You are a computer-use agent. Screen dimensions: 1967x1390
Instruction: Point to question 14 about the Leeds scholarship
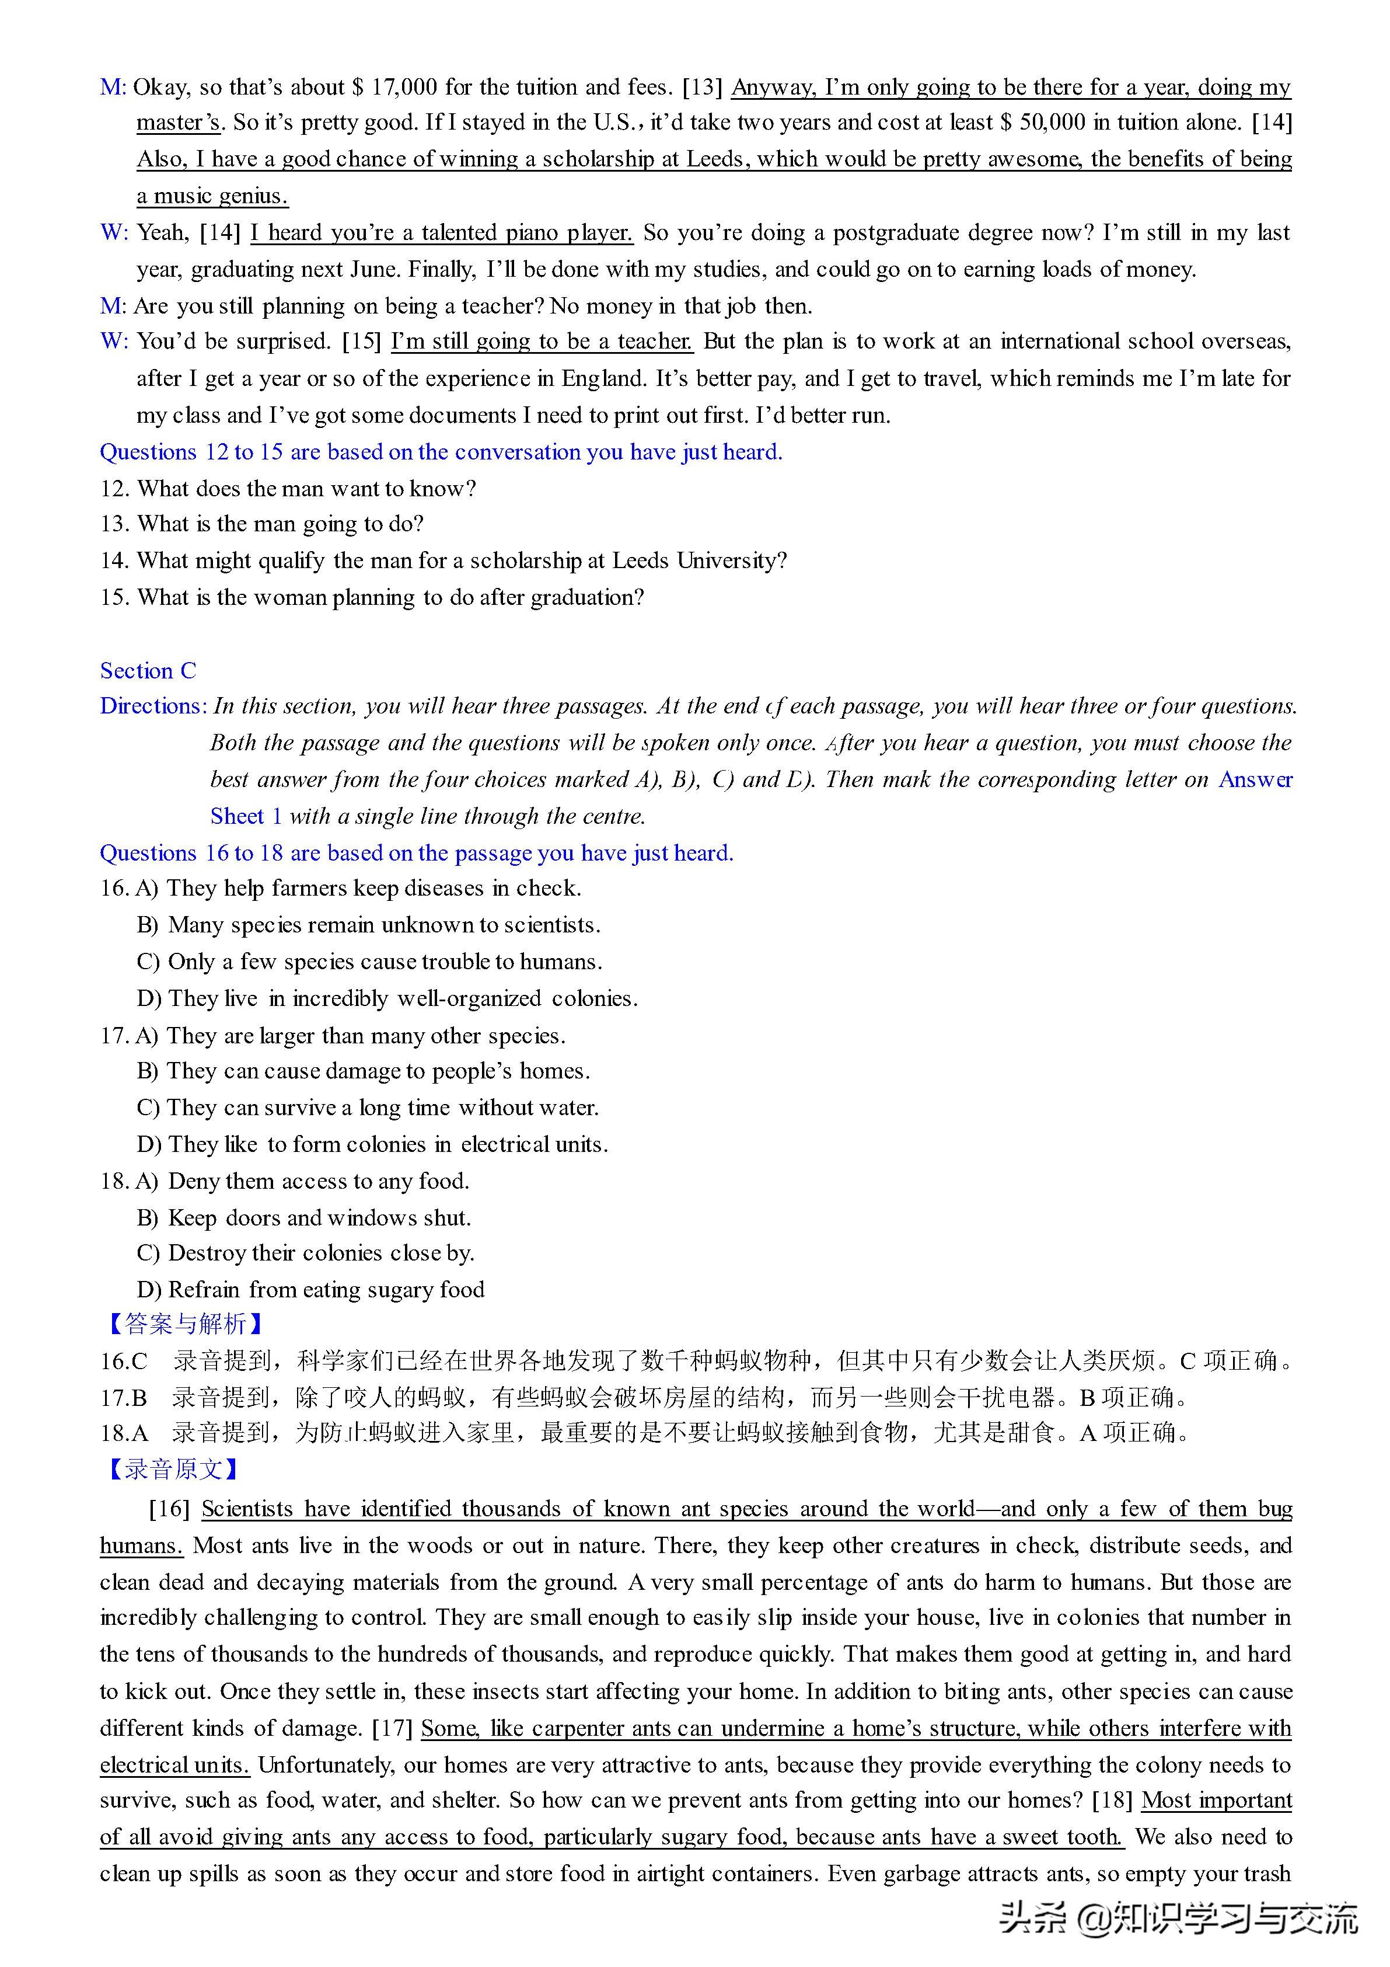click(443, 560)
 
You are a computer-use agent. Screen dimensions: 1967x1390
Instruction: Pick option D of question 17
click(372, 1144)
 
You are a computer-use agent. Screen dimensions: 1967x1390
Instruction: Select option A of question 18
click(302, 1181)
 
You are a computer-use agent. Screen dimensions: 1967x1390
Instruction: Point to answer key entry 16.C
click(124, 1362)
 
